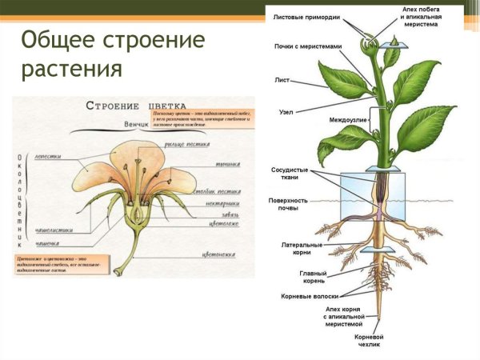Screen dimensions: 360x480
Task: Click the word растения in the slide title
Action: point(72,69)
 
